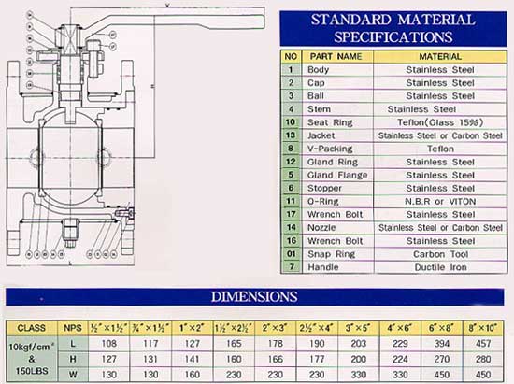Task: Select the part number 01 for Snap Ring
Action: [x=292, y=253]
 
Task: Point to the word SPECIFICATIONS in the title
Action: [x=393, y=36]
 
